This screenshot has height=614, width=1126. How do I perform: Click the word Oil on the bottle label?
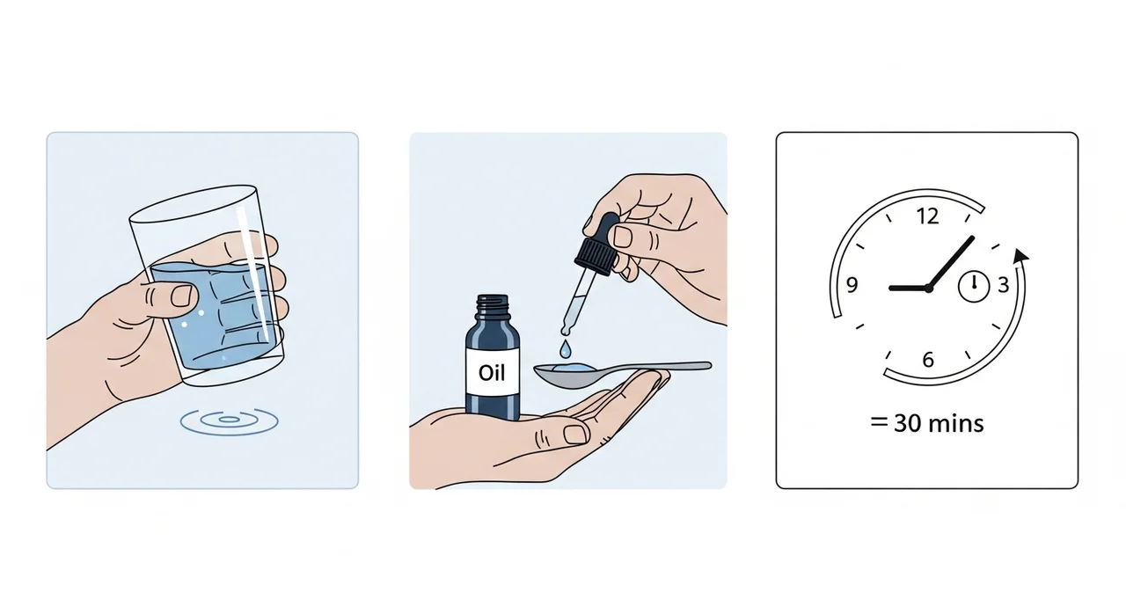point(492,373)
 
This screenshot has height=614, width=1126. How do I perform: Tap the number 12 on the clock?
point(927,216)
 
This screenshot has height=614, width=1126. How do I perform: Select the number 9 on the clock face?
point(852,285)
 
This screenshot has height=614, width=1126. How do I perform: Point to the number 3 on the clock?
point(1004,285)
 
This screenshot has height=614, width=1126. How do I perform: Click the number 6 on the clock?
point(928,360)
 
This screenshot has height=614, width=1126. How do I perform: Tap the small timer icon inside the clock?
point(974,287)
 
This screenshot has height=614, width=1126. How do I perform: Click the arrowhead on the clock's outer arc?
point(1020,256)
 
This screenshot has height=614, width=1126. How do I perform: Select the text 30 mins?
point(939,424)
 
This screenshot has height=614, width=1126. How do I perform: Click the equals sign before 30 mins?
point(879,422)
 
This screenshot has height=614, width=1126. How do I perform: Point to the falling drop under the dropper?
point(566,348)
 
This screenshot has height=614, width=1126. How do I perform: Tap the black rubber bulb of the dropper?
point(599,243)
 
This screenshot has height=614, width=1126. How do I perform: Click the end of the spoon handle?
point(709,366)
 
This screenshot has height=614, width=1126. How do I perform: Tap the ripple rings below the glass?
point(230,421)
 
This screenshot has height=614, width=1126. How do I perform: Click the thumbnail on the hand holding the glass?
point(181,296)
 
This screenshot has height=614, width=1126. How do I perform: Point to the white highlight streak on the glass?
point(254,270)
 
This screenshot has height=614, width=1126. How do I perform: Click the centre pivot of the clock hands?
point(928,289)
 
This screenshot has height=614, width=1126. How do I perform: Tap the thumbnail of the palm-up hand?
point(576,435)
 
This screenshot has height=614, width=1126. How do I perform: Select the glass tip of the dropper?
point(566,330)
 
